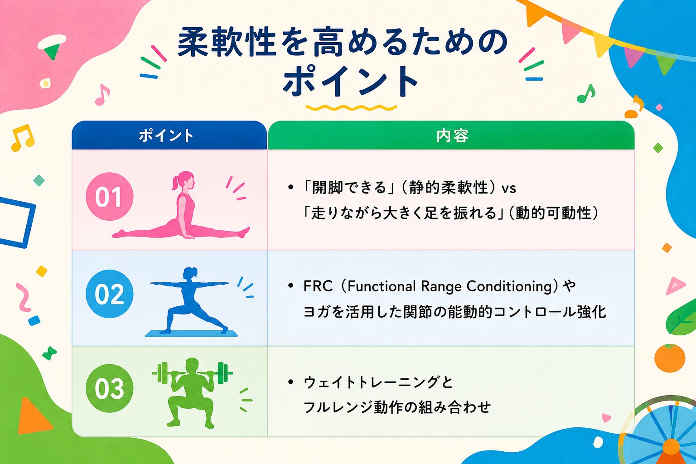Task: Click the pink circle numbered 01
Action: (x=110, y=196)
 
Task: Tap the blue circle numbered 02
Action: (x=110, y=294)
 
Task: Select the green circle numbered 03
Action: (x=110, y=388)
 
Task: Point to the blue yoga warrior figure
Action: (x=189, y=300)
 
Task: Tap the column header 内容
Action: (x=452, y=136)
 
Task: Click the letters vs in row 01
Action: (x=509, y=189)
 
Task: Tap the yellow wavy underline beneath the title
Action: (x=351, y=108)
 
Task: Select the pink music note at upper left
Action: (x=102, y=95)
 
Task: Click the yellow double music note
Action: (x=22, y=138)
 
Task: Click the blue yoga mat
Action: (x=191, y=333)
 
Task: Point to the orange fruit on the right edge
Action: (x=670, y=358)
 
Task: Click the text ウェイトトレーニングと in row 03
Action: (x=378, y=382)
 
